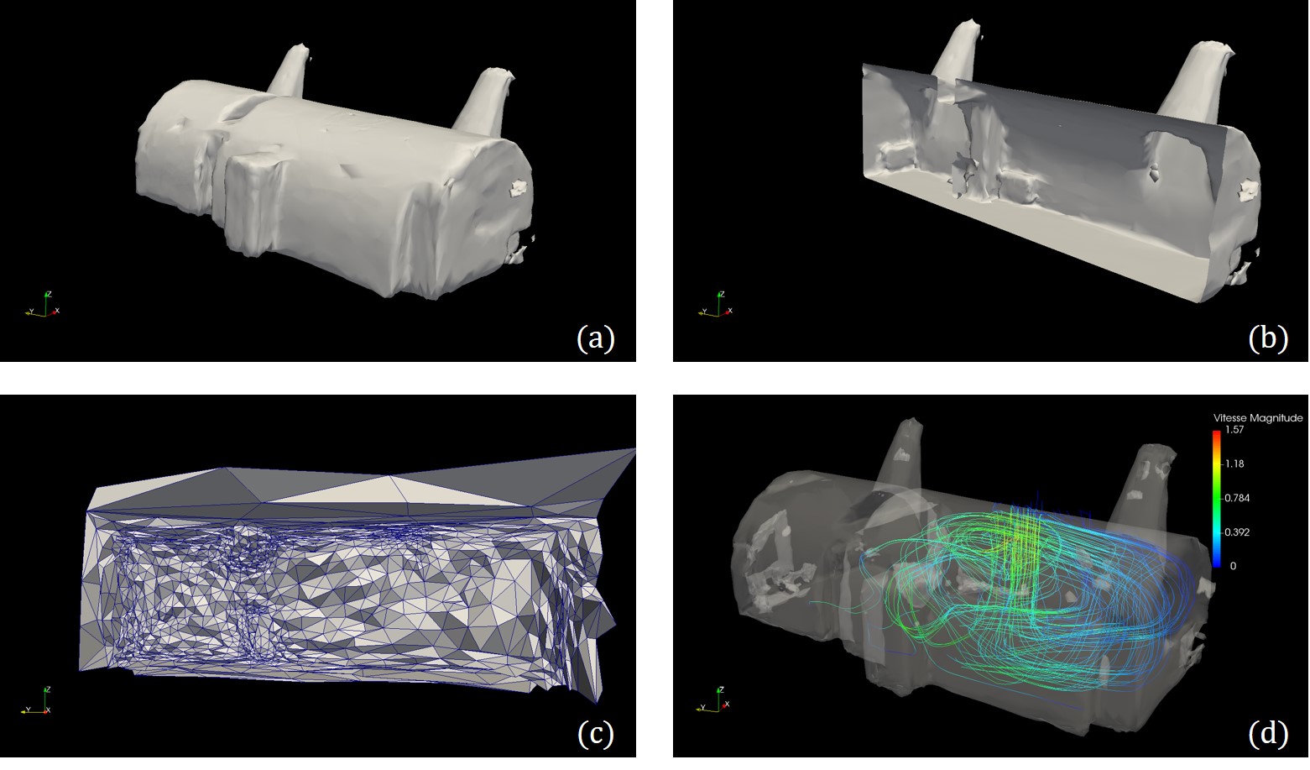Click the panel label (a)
pyautogui.click(x=595, y=338)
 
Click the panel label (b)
pyautogui.click(x=1268, y=338)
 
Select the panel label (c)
pyautogui.click(x=595, y=734)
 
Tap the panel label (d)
pyautogui.click(x=1268, y=734)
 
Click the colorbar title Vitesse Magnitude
pyautogui.click(x=1258, y=418)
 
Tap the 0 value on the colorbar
pyautogui.click(x=1234, y=567)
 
